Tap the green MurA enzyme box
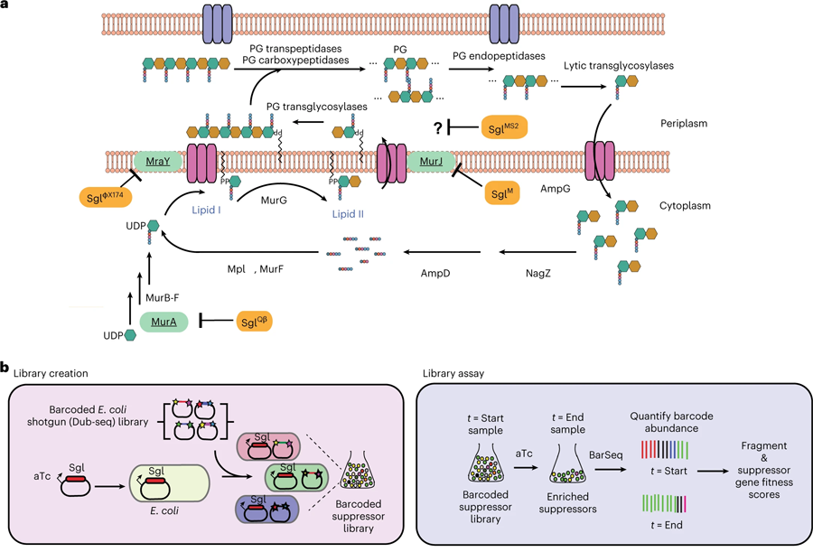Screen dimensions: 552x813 163,321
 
